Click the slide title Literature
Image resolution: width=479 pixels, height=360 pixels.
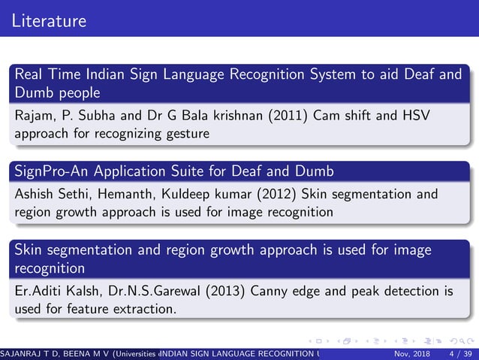click(50, 20)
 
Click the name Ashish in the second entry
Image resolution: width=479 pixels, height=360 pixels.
click(34, 195)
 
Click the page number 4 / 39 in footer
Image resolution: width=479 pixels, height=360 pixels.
click(459, 353)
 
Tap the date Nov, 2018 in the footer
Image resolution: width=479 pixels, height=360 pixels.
click(411, 353)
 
